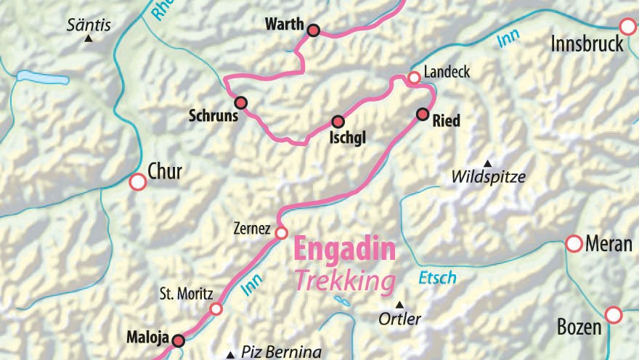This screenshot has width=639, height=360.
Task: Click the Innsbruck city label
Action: [x=587, y=44]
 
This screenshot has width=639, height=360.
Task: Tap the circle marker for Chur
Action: [x=137, y=181]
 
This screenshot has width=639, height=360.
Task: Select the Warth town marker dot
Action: [x=314, y=30]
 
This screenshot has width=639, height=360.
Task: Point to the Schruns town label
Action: [x=213, y=115]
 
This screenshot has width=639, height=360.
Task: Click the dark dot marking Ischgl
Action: [x=338, y=121]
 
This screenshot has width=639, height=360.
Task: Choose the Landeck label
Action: [x=447, y=73]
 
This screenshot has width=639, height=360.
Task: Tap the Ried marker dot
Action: [x=423, y=114]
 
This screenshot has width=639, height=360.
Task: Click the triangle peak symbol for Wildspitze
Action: [x=487, y=163]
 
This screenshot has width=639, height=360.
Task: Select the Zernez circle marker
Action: [x=281, y=233]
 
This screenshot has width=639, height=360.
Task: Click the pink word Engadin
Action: [x=344, y=250]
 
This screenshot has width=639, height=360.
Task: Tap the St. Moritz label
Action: [x=186, y=295]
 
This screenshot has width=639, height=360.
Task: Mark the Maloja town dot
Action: [x=179, y=340]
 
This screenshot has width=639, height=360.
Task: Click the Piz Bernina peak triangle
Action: [x=231, y=355]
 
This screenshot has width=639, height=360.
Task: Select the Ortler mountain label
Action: [x=400, y=319]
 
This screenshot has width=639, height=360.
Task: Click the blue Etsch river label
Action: [x=437, y=277]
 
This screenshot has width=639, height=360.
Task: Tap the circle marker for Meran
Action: [x=574, y=243]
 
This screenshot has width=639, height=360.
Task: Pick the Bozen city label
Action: [x=579, y=327]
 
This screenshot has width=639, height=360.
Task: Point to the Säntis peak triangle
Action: [x=89, y=38]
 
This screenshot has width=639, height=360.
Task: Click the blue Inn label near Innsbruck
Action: [x=509, y=41]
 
